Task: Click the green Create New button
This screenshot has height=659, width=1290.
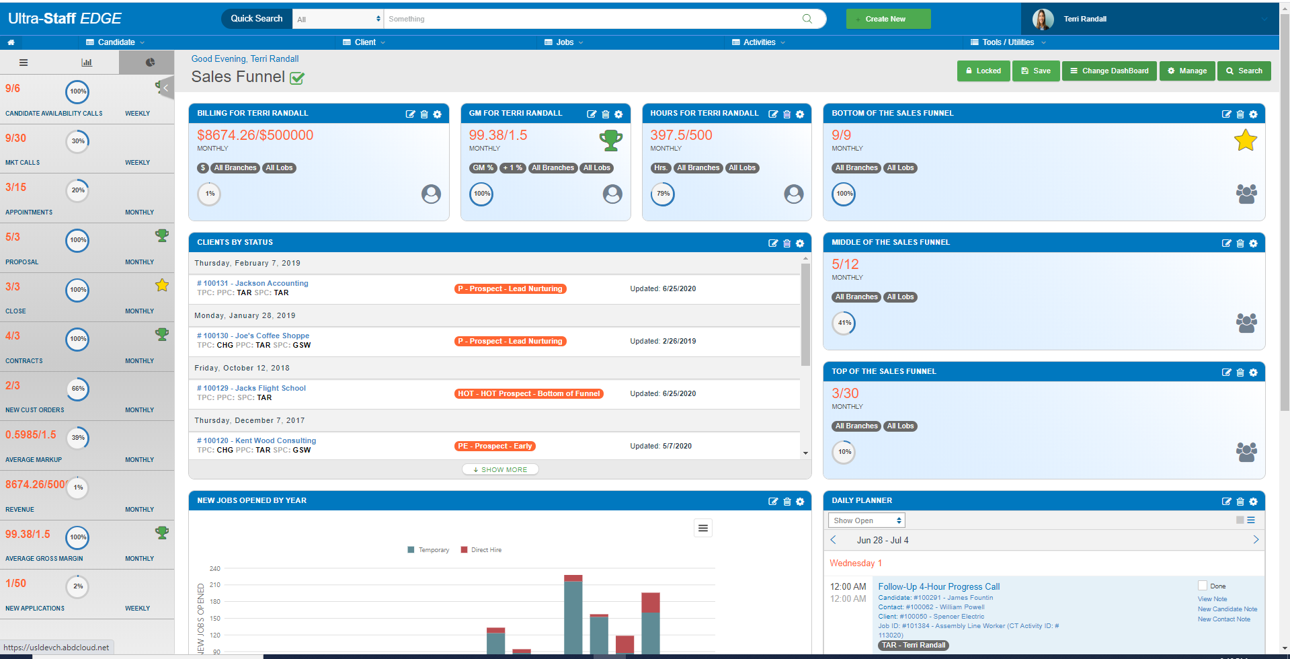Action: coord(887,19)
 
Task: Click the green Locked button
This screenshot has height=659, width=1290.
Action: coord(983,71)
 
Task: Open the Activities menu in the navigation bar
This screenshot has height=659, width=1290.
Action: coord(759,42)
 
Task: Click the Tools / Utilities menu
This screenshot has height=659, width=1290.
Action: coord(1008,42)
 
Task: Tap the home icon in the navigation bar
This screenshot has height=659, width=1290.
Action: coord(11,42)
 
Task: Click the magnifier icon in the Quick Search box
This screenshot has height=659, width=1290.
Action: coord(807,19)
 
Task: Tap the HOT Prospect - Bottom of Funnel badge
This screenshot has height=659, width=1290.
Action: coord(528,394)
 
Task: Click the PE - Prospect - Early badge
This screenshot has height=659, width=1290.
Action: coord(495,447)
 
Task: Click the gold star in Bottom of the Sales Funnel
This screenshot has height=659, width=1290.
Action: coord(1245,141)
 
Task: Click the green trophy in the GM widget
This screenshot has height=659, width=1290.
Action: coord(610,140)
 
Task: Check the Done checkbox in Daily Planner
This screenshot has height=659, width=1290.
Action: coord(1203,586)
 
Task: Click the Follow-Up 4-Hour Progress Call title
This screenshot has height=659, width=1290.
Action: coord(938,586)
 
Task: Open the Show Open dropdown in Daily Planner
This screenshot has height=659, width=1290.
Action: coord(866,520)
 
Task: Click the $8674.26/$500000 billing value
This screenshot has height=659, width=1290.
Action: coord(255,135)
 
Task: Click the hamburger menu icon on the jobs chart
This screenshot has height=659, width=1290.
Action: coord(702,528)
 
